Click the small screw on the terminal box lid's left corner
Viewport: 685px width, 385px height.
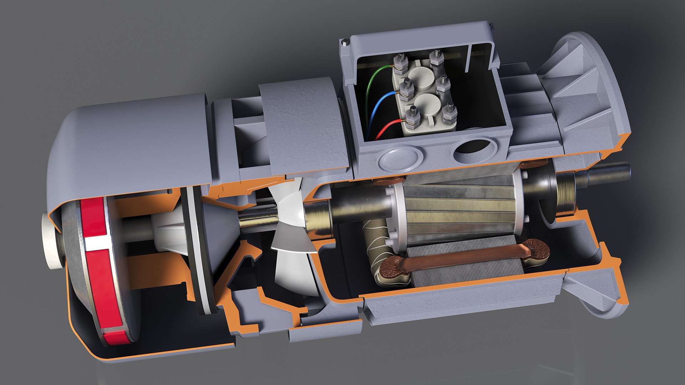pyautogui.click(x=345, y=43)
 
